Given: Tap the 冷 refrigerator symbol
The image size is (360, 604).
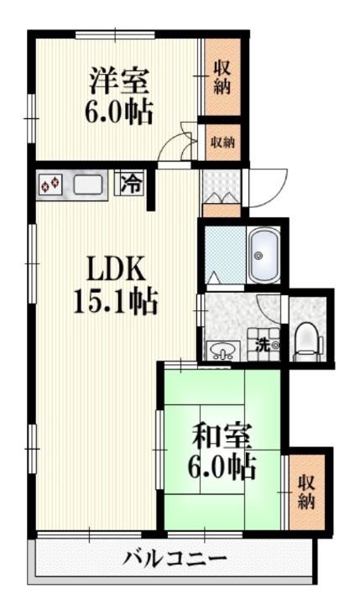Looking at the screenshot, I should click(x=132, y=183).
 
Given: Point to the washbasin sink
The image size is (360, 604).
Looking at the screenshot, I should click(x=222, y=349).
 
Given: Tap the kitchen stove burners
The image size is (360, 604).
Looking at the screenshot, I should click(x=50, y=184).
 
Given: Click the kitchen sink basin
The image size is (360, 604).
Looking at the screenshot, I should click(x=87, y=184).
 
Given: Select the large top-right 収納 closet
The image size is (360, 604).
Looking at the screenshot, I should click(x=222, y=76).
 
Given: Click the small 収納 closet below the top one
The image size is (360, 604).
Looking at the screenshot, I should click(x=222, y=142).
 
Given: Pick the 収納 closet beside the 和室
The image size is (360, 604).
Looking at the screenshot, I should click(x=305, y=492).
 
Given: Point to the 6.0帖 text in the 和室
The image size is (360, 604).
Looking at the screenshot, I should click(x=222, y=467).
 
